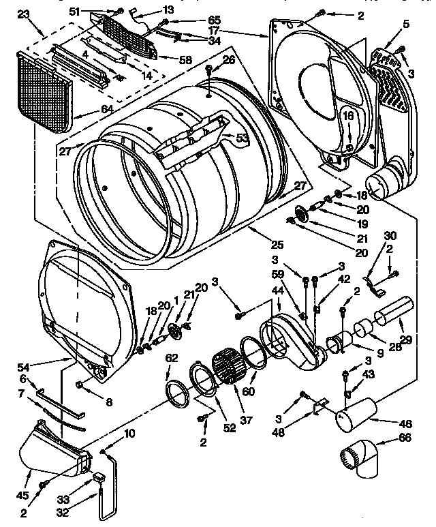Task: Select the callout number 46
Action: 407,423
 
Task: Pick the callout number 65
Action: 195,20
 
